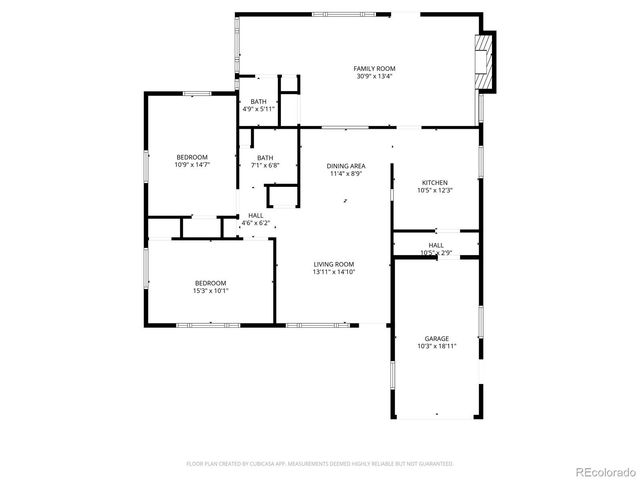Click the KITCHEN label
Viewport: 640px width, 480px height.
[434, 183]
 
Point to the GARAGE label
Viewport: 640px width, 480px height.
[436, 339]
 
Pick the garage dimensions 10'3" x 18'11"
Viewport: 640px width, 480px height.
[436, 347]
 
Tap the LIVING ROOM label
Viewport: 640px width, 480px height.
[334, 263]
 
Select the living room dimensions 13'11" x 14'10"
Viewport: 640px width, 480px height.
[334, 271]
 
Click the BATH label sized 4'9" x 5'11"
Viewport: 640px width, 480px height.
[258, 101]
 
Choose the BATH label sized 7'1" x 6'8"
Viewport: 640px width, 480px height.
[265, 157]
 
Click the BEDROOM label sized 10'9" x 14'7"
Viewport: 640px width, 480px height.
[191, 157]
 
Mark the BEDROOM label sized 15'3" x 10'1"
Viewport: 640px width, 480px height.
[210, 283]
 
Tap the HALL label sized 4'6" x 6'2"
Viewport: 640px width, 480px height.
[255, 215]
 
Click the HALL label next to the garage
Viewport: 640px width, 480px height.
[436, 245]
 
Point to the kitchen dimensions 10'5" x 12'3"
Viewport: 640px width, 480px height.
[434, 191]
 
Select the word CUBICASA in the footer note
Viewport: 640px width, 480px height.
[265, 464]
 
